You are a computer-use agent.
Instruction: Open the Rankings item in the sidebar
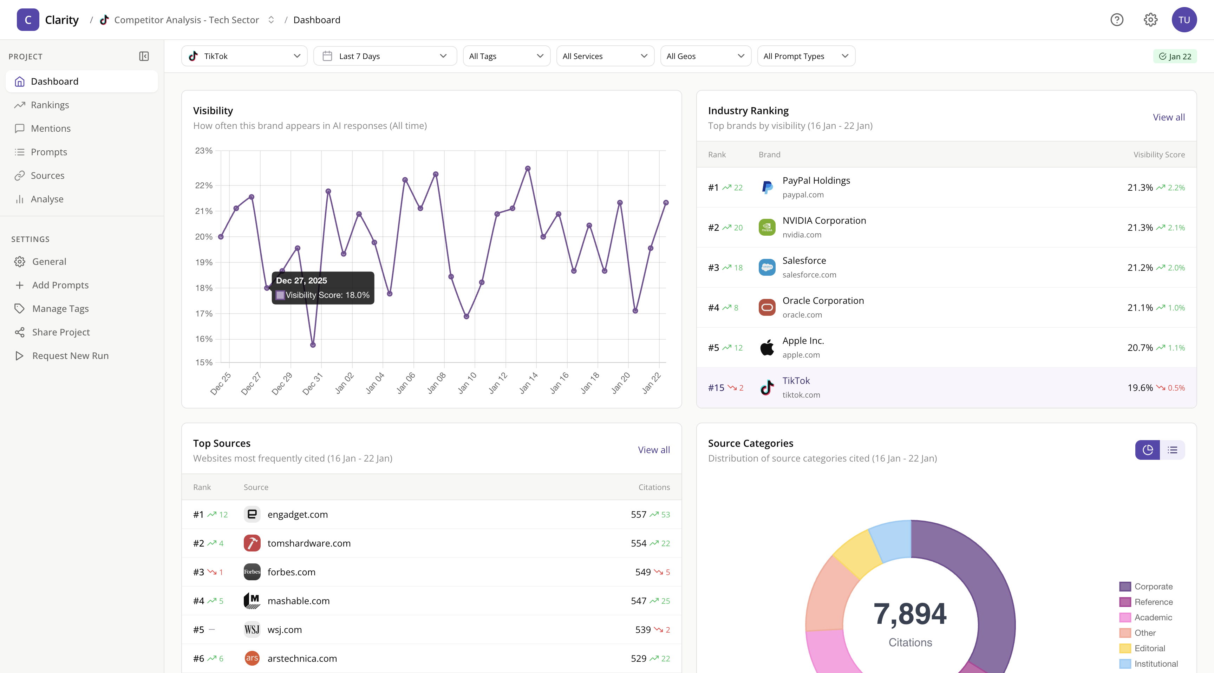[x=50, y=105]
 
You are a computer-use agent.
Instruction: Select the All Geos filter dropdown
[x=705, y=56]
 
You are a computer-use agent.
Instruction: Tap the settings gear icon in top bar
[x=1150, y=20]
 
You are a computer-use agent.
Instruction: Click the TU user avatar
[x=1184, y=20]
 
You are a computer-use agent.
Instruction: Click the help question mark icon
[x=1116, y=20]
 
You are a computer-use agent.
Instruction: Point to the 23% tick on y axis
[x=204, y=151]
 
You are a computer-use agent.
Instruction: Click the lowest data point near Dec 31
[x=313, y=345]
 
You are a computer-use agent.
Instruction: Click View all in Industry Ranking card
[x=1168, y=117]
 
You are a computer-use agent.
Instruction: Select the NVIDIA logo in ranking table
[x=767, y=228]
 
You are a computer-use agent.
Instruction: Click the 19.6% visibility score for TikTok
[x=1140, y=388]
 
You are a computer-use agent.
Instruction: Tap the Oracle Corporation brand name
[x=823, y=301]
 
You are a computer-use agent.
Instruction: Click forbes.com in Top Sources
[x=291, y=572]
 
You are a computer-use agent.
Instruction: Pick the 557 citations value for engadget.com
[x=638, y=515]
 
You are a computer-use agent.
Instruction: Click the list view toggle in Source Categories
[x=1172, y=450]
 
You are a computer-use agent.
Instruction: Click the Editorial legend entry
[x=1149, y=648]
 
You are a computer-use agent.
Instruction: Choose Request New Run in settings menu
[x=70, y=356]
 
